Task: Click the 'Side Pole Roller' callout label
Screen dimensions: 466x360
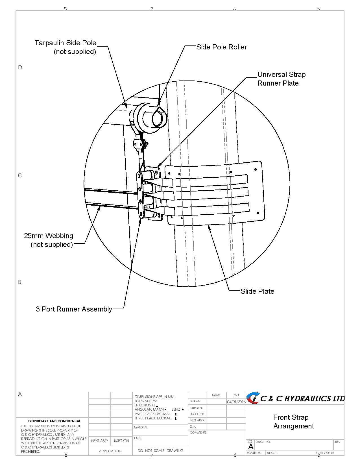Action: (221, 47)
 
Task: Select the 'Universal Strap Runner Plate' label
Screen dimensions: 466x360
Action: (281, 79)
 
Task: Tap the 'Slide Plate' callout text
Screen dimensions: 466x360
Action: (257, 291)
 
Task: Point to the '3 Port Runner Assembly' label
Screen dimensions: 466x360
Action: (74, 309)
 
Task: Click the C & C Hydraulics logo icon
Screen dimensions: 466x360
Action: (253, 398)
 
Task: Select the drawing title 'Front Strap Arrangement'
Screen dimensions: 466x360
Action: (294, 421)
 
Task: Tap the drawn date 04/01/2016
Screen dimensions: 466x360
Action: (236, 402)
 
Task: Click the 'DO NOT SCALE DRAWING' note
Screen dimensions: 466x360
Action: (160, 450)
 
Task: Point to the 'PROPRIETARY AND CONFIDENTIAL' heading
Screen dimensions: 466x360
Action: (54, 421)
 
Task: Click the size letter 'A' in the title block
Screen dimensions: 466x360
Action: (251, 447)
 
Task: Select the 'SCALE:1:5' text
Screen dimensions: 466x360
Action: (254, 453)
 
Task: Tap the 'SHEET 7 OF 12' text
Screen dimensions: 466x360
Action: (325, 453)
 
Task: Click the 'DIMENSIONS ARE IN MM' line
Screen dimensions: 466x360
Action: (154, 397)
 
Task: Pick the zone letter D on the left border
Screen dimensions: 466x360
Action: (20, 67)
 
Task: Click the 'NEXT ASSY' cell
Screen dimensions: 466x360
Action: (100, 441)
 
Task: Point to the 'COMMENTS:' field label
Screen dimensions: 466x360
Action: (198, 432)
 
